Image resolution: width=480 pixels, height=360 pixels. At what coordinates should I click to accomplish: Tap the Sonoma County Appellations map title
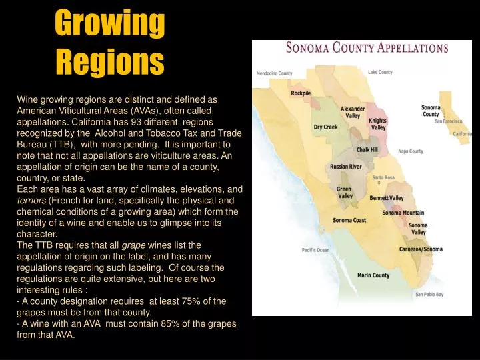coord(367,49)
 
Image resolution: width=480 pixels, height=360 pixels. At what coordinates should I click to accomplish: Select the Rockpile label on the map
coord(301,93)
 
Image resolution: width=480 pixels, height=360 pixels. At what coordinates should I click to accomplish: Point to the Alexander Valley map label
coord(353,112)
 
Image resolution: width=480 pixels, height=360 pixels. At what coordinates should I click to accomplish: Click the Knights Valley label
coord(378,124)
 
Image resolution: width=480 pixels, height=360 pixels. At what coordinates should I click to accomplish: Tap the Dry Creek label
coord(325,127)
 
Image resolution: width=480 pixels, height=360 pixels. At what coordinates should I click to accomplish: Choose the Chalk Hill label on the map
coord(367,150)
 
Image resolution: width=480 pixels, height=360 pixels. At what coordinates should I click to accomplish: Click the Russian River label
coord(346,167)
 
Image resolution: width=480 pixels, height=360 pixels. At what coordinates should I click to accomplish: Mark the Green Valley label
coord(344,193)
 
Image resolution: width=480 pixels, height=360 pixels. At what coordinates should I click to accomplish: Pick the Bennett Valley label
coord(387,198)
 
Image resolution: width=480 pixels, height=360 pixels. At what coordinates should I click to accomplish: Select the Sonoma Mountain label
coord(403,213)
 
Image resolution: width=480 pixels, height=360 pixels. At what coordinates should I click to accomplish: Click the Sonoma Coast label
coord(349,220)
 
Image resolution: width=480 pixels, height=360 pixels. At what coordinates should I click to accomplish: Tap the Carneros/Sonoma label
coord(420,249)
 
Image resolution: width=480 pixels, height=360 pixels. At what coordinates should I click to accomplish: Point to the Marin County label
coord(373,275)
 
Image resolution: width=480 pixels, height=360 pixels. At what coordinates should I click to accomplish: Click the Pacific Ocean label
coord(315,250)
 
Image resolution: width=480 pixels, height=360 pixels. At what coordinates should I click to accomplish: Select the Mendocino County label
coord(275,73)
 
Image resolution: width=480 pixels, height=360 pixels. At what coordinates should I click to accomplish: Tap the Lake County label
coord(380,72)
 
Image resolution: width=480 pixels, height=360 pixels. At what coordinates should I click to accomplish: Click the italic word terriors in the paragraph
coord(31,200)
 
